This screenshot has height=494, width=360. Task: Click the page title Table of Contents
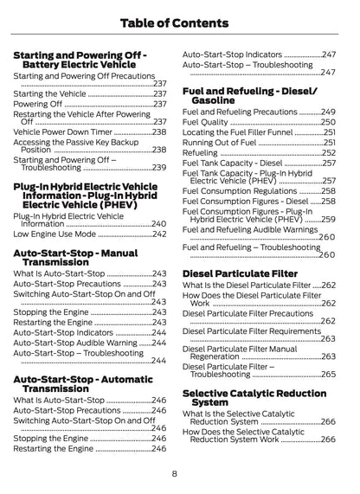[180, 22]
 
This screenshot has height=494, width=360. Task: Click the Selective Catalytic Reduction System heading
[254, 397]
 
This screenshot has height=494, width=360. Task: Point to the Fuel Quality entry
[206, 122]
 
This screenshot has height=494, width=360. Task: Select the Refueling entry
[200, 152]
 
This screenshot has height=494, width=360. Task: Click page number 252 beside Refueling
[329, 152]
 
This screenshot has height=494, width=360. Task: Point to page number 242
[159, 234]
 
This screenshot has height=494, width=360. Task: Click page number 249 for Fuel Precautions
[329, 112]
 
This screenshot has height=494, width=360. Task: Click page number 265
[329, 375]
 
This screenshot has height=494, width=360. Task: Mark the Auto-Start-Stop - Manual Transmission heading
[76, 256]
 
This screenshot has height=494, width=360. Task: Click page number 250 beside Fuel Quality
[329, 122]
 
